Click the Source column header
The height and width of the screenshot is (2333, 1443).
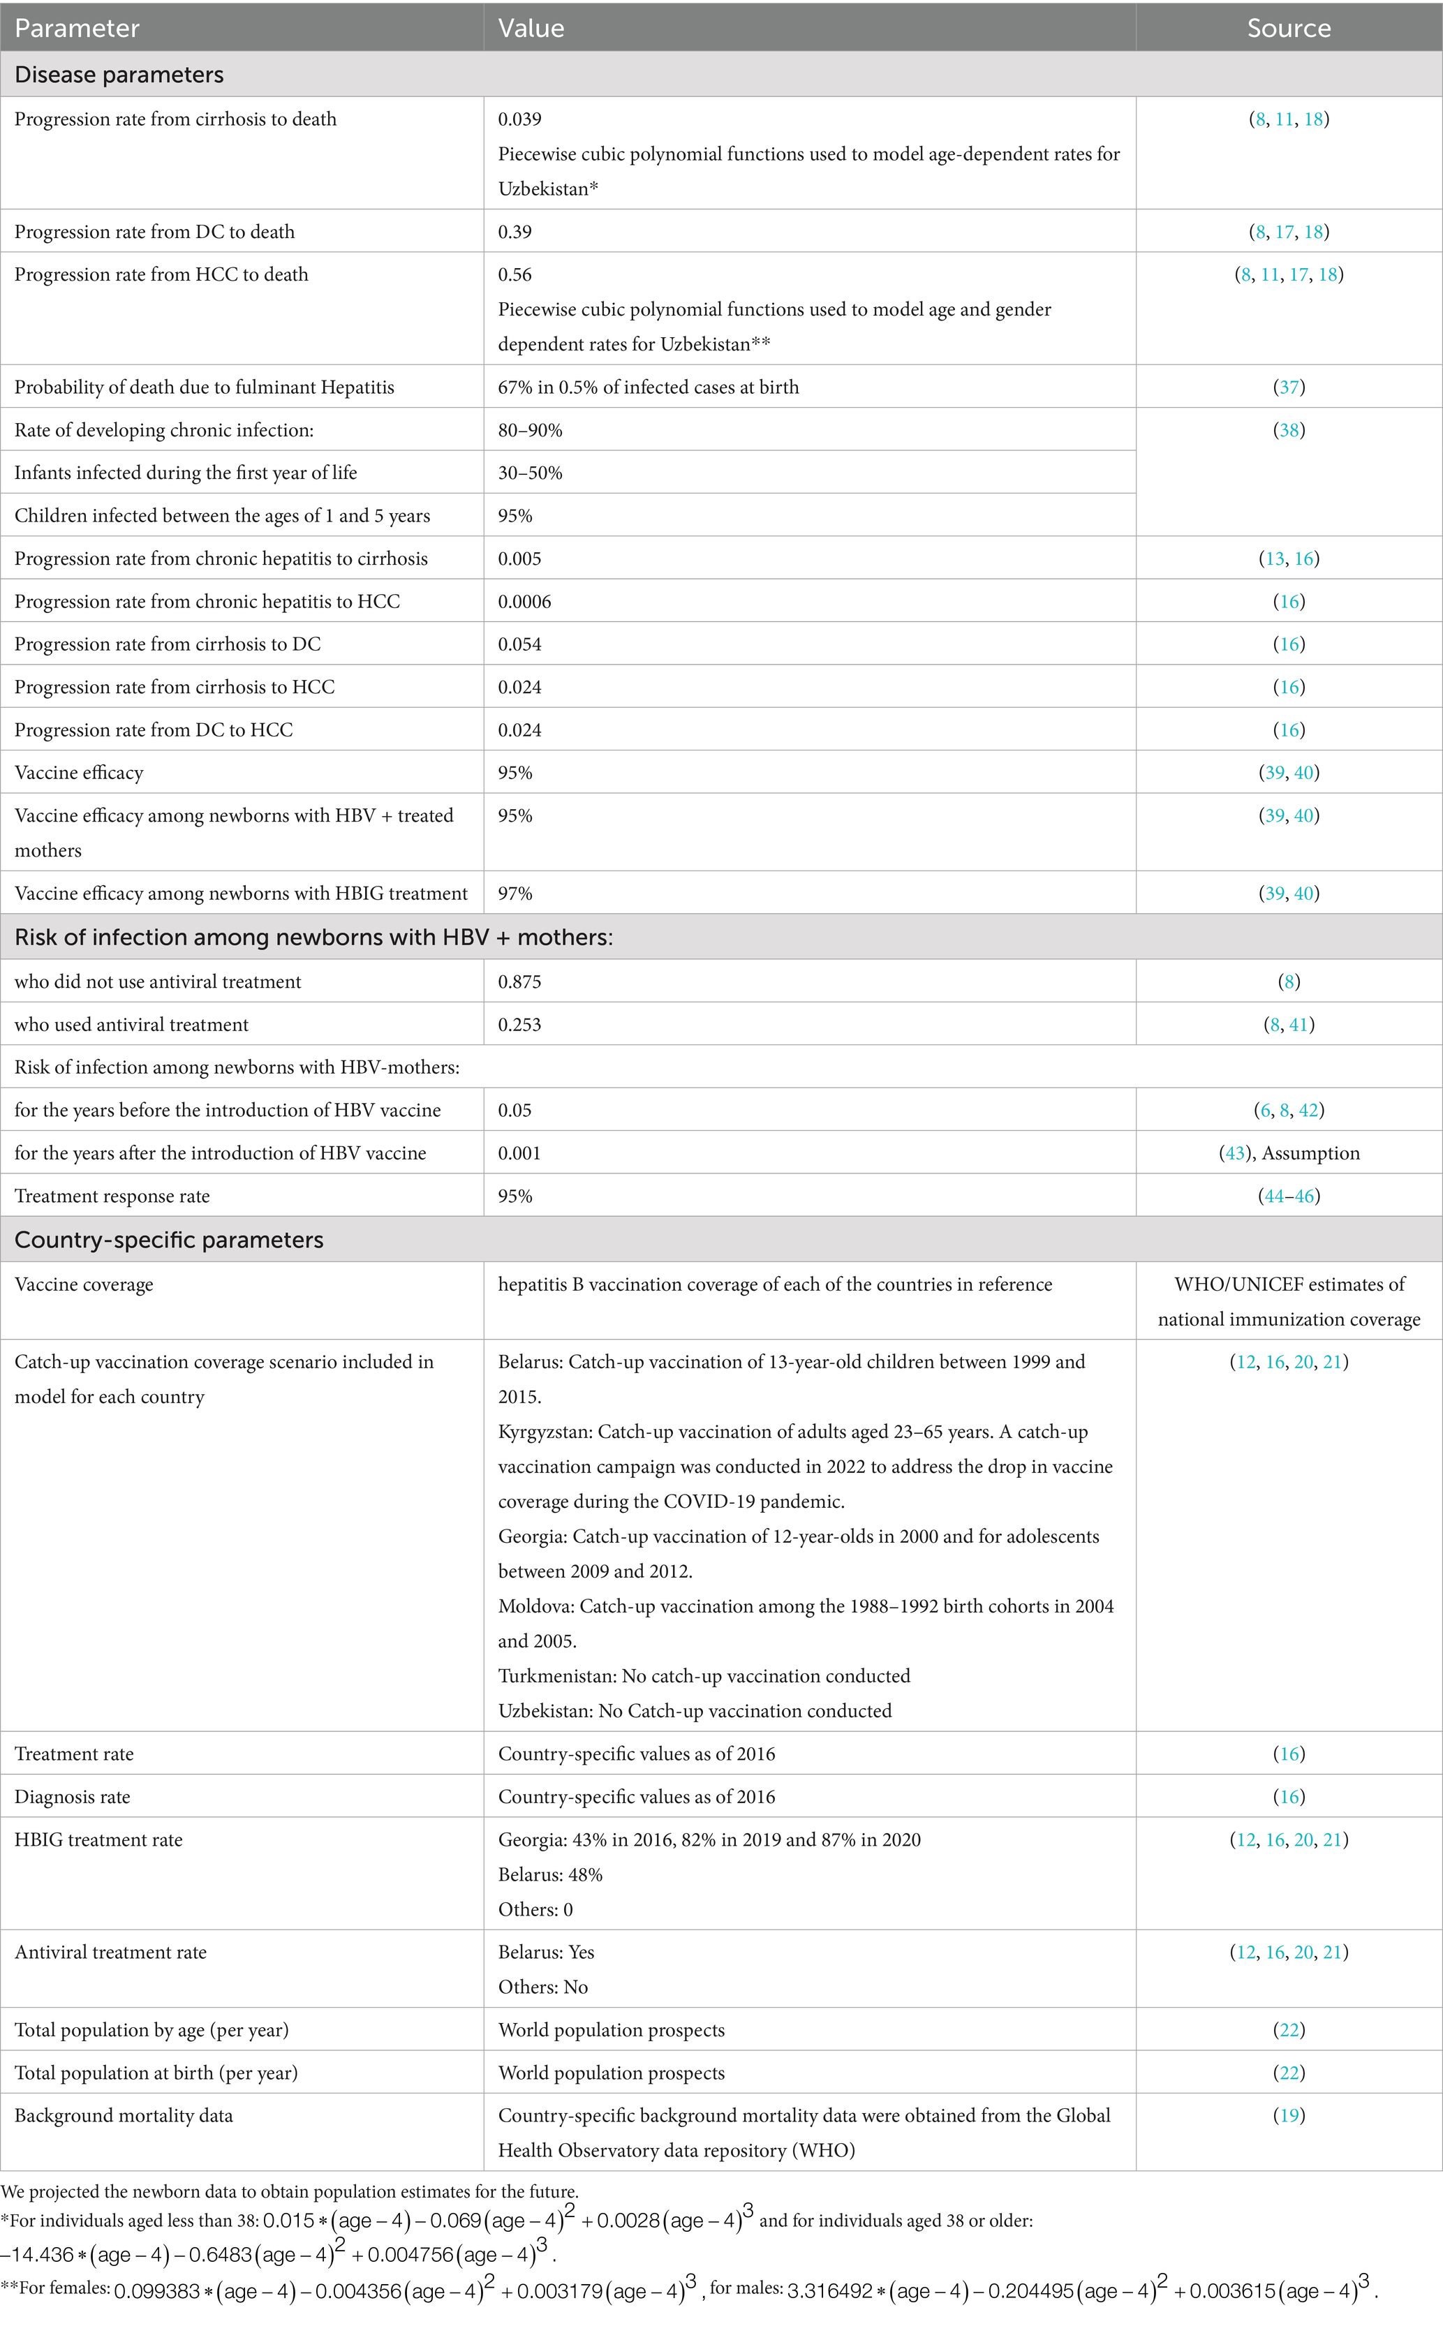(1289, 29)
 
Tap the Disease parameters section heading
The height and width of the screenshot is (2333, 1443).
(119, 75)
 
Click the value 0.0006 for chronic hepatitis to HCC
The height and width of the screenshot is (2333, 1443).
(524, 601)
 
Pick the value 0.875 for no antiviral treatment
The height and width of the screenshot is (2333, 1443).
(519, 981)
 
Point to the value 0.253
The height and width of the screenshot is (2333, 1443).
(519, 1024)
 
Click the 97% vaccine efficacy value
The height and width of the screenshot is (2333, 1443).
(515, 893)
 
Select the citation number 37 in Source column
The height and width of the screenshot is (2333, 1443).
(1289, 387)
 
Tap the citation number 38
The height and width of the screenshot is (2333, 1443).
(1289, 429)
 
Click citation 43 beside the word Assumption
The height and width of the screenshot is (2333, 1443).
(1235, 1153)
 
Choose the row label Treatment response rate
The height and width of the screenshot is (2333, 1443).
(112, 1196)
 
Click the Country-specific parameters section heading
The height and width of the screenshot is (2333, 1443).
(169, 1240)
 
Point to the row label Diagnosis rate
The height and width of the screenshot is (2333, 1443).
(73, 1795)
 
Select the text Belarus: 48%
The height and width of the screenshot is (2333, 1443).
(551, 1874)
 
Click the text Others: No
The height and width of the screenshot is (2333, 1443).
(543, 1987)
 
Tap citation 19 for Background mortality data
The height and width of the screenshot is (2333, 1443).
(1289, 2114)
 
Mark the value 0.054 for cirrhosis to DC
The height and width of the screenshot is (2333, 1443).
(519, 644)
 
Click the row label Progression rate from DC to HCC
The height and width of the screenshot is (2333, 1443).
(154, 730)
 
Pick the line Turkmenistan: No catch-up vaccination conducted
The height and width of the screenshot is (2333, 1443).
(704, 1675)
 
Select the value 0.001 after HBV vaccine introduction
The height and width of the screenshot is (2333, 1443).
(519, 1153)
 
